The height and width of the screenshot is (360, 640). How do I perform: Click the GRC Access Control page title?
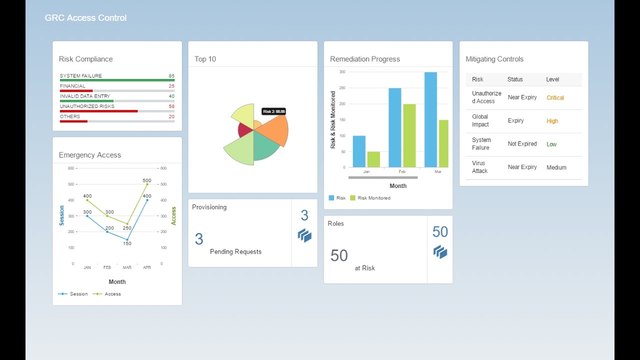pos(85,18)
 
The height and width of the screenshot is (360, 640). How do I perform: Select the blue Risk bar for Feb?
pos(395,128)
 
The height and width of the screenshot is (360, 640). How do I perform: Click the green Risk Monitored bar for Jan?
pos(373,159)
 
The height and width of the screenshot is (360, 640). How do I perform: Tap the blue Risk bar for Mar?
pos(430,120)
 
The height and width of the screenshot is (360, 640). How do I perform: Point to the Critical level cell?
pos(555,97)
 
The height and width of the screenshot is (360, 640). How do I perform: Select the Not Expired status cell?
pos(522,144)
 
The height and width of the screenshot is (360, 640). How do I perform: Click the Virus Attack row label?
pos(479,167)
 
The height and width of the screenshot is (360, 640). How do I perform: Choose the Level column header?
pos(552,79)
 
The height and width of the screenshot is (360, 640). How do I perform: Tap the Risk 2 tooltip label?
pos(273,111)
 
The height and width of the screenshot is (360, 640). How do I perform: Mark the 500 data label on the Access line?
pos(147,180)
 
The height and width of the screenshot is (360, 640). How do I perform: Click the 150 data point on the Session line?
pos(127,239)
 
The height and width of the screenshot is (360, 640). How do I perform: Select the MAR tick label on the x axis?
pos(127,267)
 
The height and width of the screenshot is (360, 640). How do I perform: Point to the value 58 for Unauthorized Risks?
pos(171,106)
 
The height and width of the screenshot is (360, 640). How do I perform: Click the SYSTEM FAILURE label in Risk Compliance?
pos(81,76)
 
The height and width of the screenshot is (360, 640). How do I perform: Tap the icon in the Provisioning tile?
pos(304,235)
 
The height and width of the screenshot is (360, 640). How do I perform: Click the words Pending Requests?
pos(235,251)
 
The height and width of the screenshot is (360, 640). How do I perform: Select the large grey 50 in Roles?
pos(339,255)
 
